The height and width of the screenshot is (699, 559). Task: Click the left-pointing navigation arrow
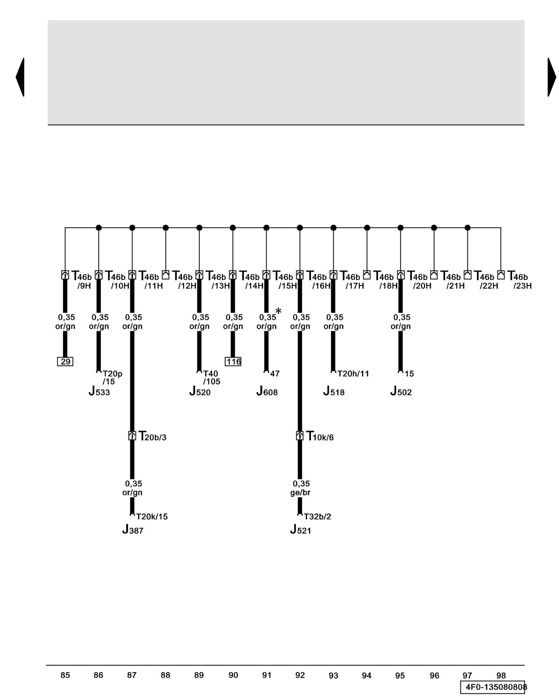(20, 77)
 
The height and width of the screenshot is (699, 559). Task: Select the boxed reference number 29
(65, 362)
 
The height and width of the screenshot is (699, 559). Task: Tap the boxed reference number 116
(233, 362)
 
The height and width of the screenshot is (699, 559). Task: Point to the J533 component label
(99, 391)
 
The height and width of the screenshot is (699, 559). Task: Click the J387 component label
(133, 530)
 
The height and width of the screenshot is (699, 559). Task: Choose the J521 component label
(300, 530)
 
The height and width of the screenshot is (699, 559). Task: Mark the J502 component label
(401, 391)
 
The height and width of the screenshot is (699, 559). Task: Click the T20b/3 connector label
(152, 437)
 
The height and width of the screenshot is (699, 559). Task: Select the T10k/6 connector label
(320, 437)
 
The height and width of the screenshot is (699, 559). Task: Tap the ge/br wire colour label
(300, 492)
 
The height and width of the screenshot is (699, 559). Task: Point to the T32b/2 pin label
(317, 517)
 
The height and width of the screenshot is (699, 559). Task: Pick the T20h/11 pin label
(353, 374)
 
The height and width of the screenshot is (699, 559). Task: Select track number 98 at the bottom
(501, 676)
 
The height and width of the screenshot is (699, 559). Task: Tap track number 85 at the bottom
(65, 675)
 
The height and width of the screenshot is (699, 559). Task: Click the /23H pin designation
(522, 286)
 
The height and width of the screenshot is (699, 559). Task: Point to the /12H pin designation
(187, 286)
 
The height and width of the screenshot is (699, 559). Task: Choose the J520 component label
(200, 391)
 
